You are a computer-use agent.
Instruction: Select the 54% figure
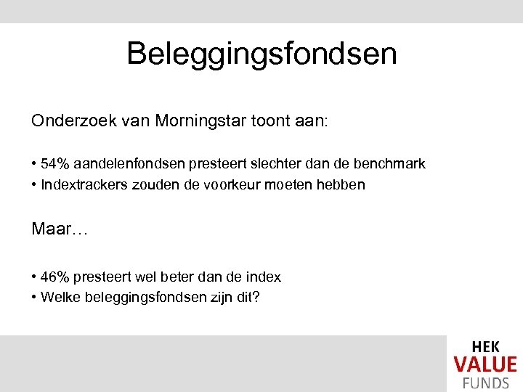54,164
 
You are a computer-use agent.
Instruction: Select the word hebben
342,184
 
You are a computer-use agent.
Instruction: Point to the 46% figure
54,277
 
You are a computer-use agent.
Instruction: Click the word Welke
58,296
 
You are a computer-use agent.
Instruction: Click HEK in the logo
485,348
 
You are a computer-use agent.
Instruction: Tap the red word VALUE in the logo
485,364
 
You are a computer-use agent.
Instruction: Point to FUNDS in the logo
485,382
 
